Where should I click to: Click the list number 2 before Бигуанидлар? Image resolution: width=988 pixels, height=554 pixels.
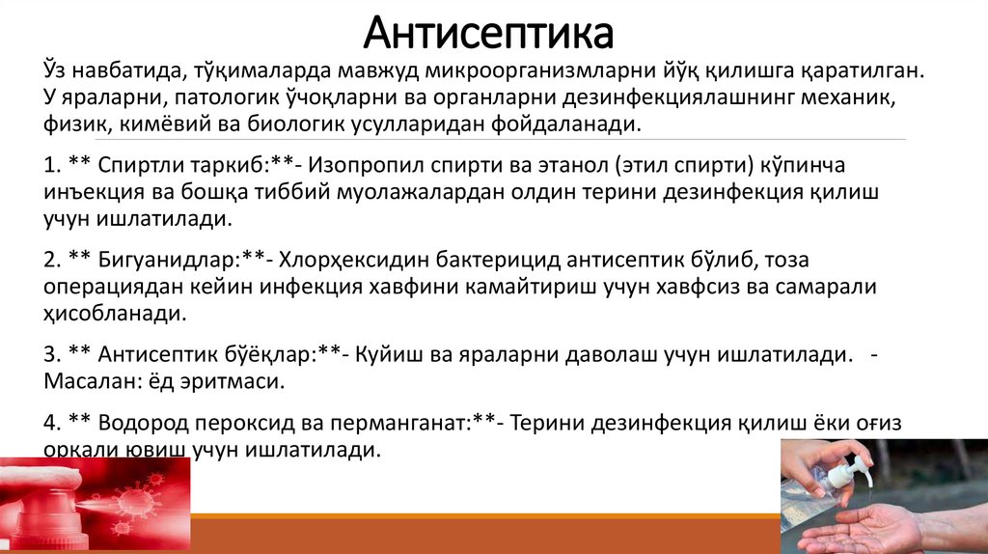(50, 261)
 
